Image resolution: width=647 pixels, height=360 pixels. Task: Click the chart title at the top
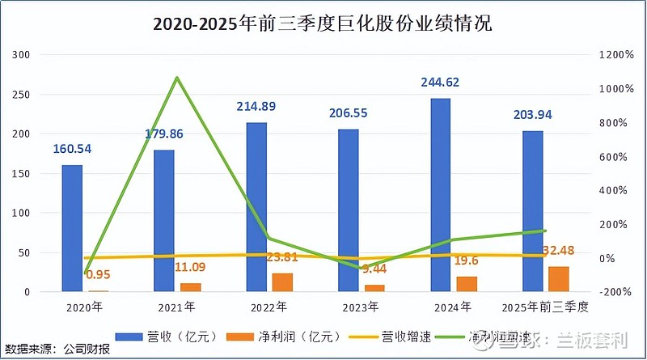pyautogui.click(x=323, y=24)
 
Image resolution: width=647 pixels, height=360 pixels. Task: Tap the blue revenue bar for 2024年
pyautogui.click(x=440, y=195)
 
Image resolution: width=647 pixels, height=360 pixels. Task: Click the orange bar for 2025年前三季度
pyautogui.click(x=559, y=278)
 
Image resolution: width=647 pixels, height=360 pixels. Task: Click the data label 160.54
pyautogui.click(x=73, y=149)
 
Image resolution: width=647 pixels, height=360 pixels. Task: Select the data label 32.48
pyautogui.click(x=559, y=250)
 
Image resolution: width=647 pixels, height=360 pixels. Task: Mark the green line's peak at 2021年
pyautogui.click(x=176, y=78)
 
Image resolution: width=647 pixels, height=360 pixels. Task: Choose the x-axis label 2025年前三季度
pyautogui.click(x=544, y=307)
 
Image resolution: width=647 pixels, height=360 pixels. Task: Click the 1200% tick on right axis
pyautogui.click(x=615, y=55)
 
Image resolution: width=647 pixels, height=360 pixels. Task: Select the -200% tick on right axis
pyautogui.click(x=615, y=292)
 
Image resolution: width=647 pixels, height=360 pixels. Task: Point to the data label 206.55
pyautogui.click(x=349, y=114)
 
